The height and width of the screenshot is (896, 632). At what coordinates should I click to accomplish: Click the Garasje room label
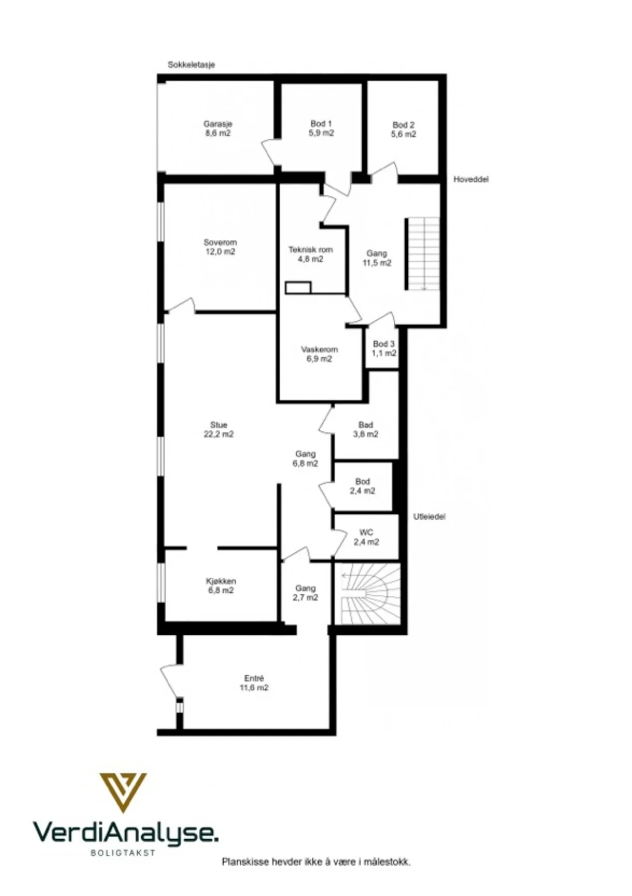(217, 124)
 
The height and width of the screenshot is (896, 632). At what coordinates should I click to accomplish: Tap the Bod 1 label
(321, 123)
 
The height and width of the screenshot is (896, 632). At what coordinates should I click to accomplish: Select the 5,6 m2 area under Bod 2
(403, 134)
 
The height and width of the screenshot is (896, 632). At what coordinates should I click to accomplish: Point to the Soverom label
(220, 242)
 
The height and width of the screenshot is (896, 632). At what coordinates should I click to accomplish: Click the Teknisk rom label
(311, 250)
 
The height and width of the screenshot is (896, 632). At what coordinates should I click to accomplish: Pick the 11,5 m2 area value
(376, 263)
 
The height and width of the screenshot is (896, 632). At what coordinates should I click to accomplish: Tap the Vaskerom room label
(319, 349)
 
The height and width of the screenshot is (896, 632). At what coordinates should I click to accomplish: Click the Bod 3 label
(384, 344)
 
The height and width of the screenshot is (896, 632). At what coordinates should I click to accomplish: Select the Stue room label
(219, 425)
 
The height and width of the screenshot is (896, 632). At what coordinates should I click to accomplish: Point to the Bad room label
(365, 425)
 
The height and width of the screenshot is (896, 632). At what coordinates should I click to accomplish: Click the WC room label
(366, 533)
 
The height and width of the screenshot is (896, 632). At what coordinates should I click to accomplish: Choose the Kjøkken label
(221, 581)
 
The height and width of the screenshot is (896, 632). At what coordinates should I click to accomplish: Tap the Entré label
(254, 678)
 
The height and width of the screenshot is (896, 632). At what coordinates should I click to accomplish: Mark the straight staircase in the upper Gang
(423, 253)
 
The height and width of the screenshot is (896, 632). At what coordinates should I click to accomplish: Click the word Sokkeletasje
(191, 65)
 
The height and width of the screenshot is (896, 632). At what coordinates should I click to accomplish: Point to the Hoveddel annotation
(471, 179)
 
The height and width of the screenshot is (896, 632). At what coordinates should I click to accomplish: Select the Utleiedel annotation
(430, 517)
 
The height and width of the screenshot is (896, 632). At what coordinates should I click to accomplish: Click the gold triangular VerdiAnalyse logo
(123, 792)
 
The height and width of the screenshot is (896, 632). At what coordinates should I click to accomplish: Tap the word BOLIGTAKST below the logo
(123, 853)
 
